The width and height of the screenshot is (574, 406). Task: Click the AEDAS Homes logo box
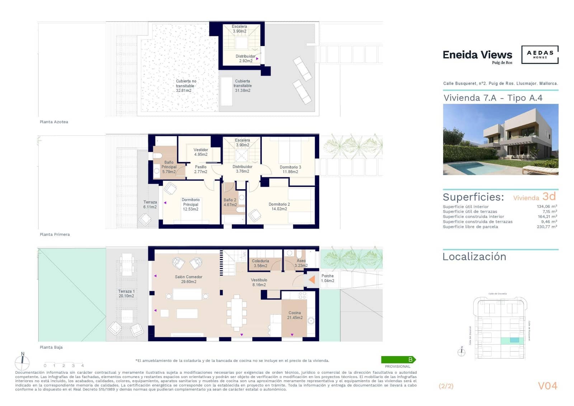[x=540, y=55]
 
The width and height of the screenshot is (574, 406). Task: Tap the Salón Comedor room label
[x=188, y=279]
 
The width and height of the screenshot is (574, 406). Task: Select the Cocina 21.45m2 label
[x=295, y=315]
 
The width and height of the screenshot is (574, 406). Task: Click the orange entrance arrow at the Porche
[x=312, y=279]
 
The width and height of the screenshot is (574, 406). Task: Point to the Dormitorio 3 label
[x=290, y=169]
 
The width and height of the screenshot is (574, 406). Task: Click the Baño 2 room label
[x=230, y=202]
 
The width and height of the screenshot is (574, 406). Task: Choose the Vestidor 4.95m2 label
[x=201, y=152]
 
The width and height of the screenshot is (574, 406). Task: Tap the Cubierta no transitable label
[x=185, y=86]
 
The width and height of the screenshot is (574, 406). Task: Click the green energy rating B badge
[x=398, y=359]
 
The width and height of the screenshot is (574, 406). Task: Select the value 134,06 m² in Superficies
[x=547, y=206]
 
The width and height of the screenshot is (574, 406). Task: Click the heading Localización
[x=474, y=257]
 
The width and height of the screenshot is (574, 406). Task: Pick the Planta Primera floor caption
[x=55, y=234]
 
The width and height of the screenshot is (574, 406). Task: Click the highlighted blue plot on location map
[x=514, y=340]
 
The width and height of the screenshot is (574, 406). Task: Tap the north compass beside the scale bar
[x=22, y=362]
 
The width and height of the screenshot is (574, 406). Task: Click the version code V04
[x=547, y=386]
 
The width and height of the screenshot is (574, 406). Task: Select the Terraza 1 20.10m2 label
[x=126, y=294]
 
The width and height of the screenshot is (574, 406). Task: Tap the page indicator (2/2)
[x=446, y=386]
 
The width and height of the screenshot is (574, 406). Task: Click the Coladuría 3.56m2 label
[x=260, y=263]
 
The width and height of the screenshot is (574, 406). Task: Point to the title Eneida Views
[x=477, y=55]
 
